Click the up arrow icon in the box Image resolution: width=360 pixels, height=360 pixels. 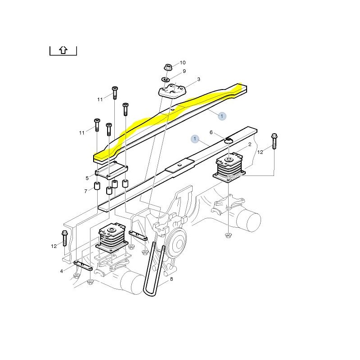click(63, 50)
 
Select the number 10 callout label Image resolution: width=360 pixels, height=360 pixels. click(183, 63)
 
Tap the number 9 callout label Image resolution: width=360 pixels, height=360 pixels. click(184, 71)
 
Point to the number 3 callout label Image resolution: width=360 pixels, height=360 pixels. click(198, 79)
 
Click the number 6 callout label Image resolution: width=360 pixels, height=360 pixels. click(211, 132)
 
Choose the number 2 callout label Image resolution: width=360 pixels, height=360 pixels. click(250, 144)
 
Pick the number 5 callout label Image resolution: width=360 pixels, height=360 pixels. click(87, 178)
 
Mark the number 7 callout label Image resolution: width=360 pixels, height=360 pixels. click(85, 192)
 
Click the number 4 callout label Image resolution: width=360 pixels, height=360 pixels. click(62, 271)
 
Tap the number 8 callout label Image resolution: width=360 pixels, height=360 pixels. click(171, 279)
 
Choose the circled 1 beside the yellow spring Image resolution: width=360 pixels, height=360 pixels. click(221, 116)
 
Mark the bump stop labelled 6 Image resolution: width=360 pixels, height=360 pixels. click(228, 142)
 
